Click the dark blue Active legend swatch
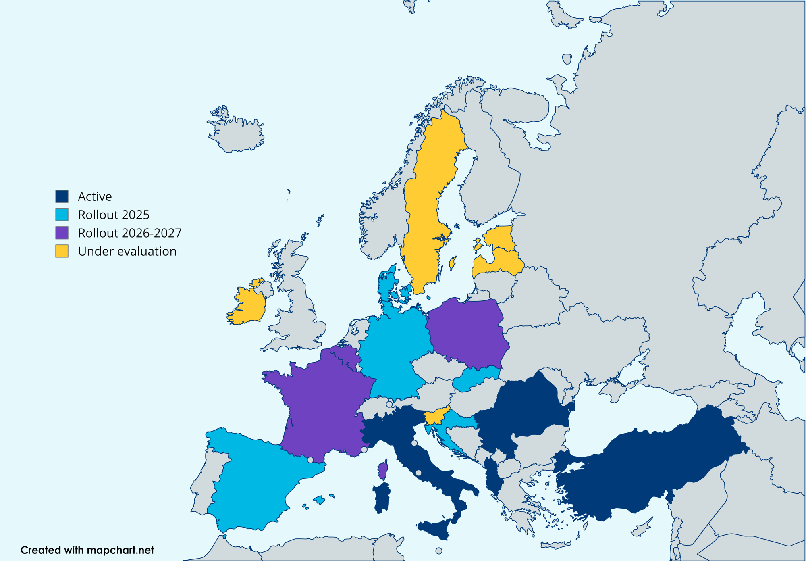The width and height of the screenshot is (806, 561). tap(62, 196)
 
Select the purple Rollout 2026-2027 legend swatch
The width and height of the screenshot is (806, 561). tap(62, 233)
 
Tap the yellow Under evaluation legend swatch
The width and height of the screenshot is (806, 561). tap(62, 251)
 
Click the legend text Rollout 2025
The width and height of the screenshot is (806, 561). tap(113, 215)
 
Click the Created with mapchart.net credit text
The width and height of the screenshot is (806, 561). tap(87, 550)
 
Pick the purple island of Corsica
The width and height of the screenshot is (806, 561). tap(383, 470)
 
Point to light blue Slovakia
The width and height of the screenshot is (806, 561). tap(476, 378)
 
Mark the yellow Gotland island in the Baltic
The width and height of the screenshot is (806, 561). tap(452, 263)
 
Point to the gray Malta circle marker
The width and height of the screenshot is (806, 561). tap(439, 551)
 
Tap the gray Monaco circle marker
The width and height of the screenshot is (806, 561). tap(364, 450)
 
